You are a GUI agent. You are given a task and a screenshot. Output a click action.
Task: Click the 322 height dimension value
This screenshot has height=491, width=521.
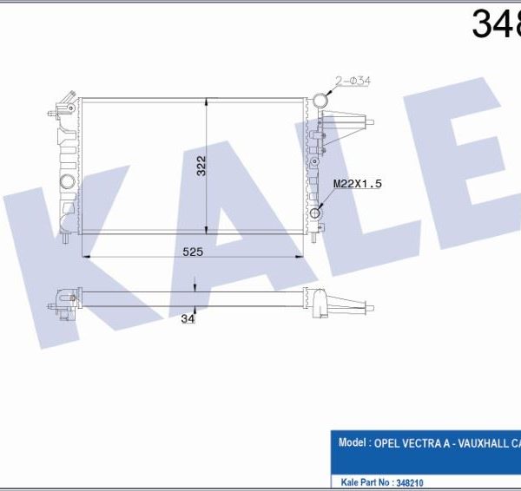pos(201,166)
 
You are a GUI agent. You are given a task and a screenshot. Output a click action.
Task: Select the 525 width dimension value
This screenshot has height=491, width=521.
pos(192,252)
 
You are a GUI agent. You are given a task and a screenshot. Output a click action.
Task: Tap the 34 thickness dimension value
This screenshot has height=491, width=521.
pos(187,318)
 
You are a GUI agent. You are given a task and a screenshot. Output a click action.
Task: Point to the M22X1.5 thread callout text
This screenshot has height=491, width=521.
pos(359,184)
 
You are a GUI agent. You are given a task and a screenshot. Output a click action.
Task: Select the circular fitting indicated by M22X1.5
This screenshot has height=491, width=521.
pos(315,213)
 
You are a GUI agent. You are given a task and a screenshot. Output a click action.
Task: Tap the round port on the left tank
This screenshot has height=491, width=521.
pos(67,181)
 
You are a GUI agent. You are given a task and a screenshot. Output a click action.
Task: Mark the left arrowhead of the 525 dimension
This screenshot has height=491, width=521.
pos(84,257)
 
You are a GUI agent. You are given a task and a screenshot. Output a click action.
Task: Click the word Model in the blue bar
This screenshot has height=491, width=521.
pos(351,442)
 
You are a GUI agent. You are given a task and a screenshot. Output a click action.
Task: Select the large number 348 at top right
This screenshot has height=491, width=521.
pos(495,24)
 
